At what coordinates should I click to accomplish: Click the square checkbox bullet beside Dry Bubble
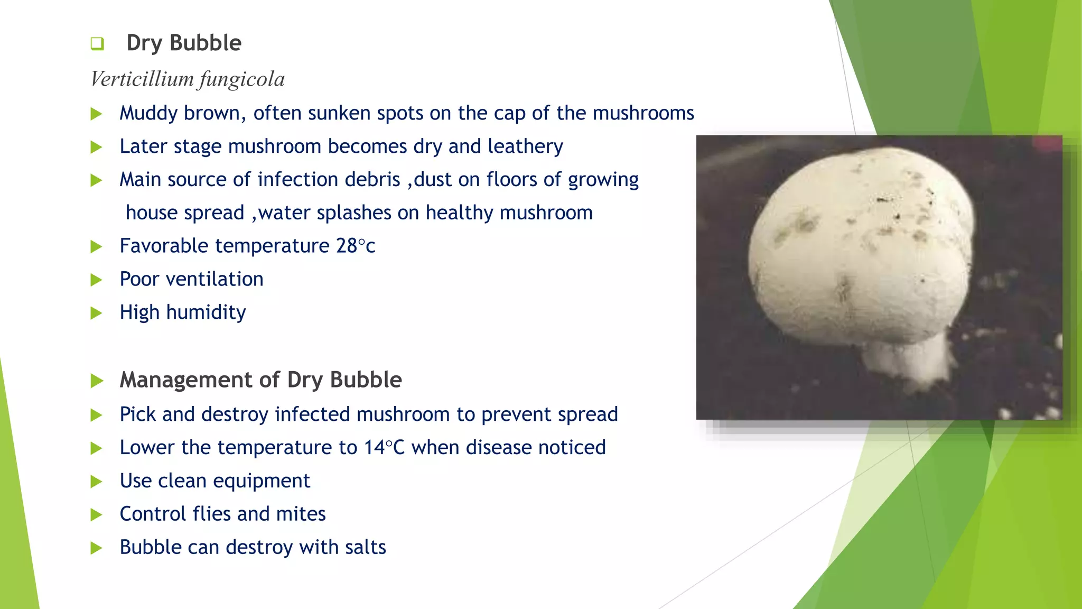(97, 43)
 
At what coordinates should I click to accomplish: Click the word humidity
(206, 312)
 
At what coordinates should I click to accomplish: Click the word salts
(363, 547)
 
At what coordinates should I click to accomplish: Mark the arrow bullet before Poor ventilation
(96, 280)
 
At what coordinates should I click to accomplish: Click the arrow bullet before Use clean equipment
(96, 482)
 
